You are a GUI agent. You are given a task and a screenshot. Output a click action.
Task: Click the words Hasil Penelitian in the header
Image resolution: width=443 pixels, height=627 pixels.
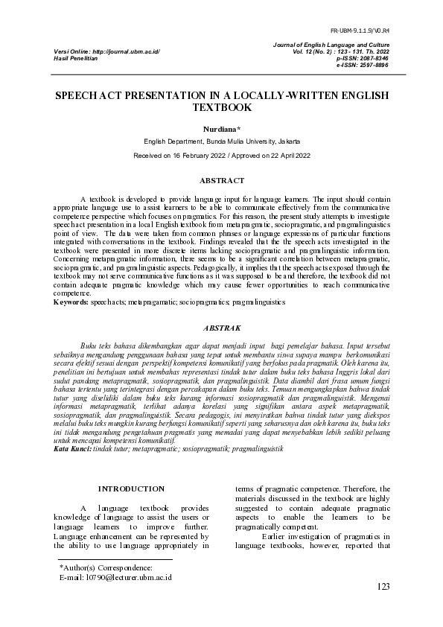point(76,57)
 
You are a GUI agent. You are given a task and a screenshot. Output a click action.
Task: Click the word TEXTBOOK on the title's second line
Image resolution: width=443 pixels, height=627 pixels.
point(222,108)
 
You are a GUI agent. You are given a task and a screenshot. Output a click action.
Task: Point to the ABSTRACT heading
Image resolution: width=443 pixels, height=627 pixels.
point(222,180)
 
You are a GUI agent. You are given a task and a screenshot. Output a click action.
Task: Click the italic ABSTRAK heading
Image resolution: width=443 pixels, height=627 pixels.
point(222,328)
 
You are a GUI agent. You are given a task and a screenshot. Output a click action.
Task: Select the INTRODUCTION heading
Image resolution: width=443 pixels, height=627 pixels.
point(132,488)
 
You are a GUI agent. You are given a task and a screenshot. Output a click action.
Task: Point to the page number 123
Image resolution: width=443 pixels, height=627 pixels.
point(383,587)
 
